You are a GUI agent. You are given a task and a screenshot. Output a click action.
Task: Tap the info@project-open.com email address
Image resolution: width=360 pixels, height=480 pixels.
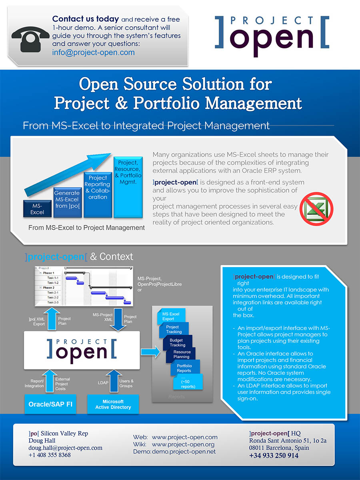93,52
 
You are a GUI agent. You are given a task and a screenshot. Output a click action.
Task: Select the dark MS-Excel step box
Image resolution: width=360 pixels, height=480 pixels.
37,209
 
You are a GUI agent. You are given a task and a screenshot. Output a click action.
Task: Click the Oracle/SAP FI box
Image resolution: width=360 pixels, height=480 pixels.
50,404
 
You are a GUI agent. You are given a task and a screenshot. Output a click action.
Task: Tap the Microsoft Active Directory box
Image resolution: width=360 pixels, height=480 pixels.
113,404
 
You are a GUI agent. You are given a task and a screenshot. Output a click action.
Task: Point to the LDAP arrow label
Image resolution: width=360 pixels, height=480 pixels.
103,383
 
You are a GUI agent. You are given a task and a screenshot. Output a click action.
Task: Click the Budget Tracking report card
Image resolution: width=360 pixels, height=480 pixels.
178,342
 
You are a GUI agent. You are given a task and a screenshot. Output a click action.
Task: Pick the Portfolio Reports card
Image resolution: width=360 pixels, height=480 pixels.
184,368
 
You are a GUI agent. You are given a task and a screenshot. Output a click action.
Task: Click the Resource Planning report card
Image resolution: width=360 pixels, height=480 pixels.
182,354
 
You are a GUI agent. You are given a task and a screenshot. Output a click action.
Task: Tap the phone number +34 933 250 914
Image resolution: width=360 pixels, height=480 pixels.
274,456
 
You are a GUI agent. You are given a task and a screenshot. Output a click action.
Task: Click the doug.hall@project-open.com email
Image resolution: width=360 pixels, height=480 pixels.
65,448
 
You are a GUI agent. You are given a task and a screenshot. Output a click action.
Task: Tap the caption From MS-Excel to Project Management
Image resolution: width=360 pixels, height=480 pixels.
86,228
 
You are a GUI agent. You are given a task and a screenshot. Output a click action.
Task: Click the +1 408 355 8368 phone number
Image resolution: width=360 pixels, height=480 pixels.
50,455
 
